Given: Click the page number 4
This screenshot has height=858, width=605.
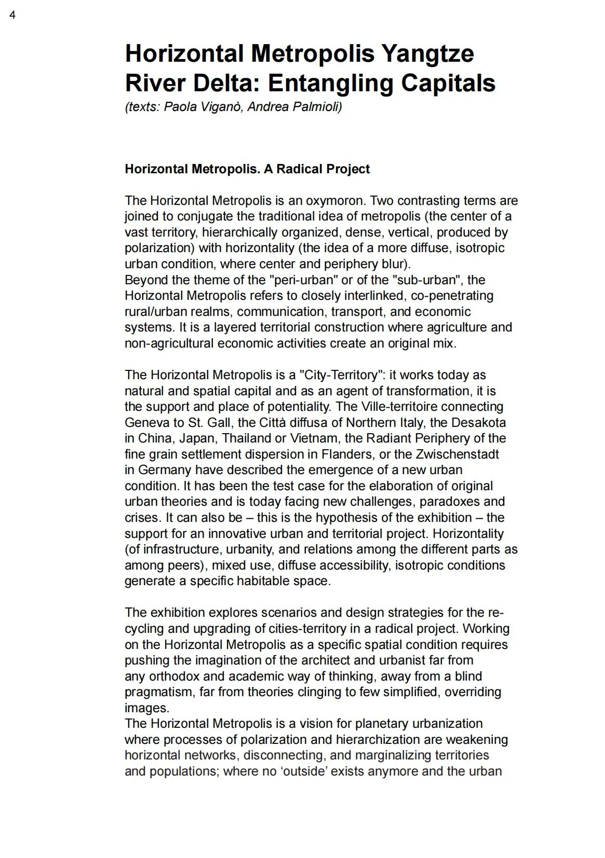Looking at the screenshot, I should (12, 15).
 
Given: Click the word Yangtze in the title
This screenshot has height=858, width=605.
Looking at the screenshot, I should (427, 54).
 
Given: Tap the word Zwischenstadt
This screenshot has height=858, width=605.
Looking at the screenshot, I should (457, 454).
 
